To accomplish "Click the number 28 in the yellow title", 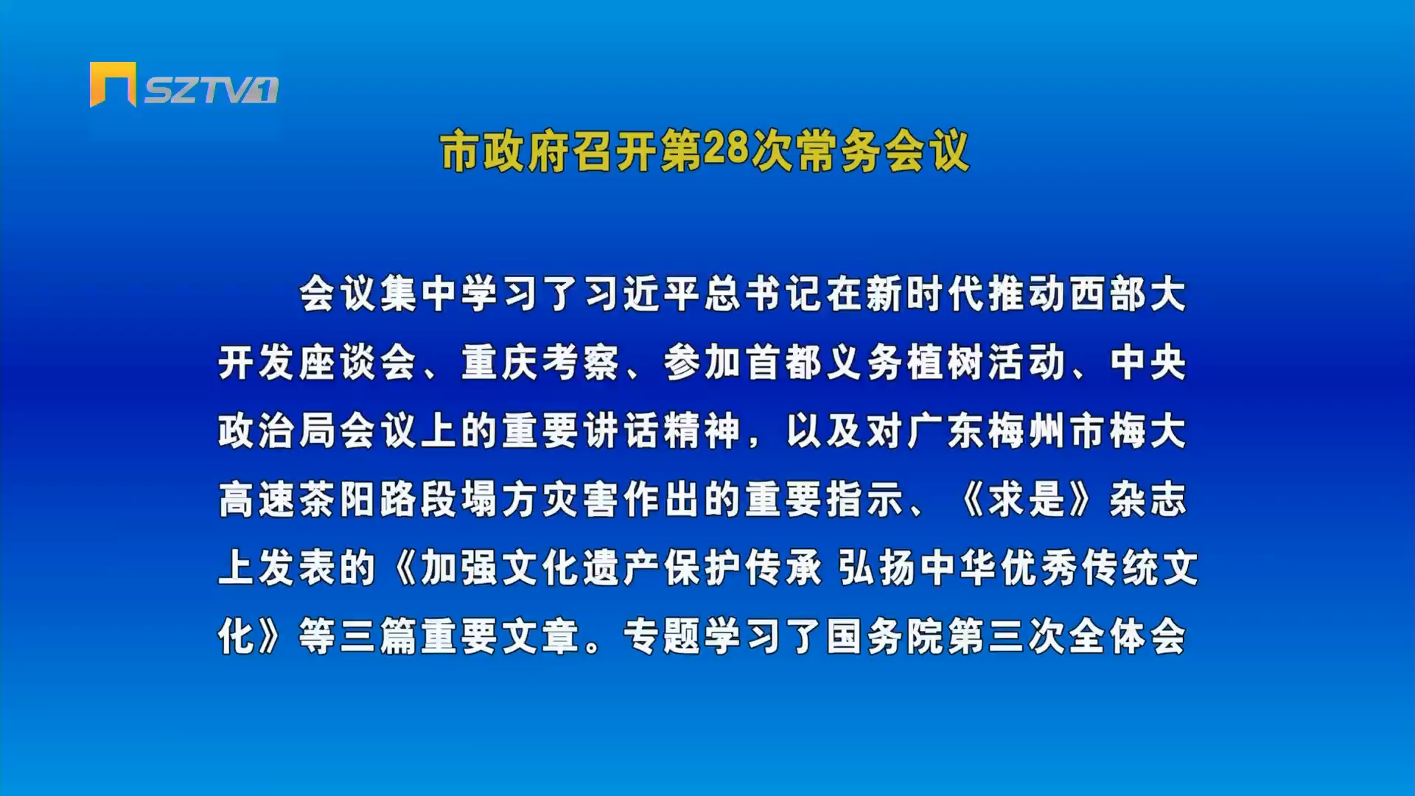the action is (x=726, y=149).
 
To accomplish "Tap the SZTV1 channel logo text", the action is (x=211, y=90).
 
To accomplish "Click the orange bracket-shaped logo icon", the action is (x=113, y=84).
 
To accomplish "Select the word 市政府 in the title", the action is (x=505, y=152).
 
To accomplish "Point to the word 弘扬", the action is (x=878, y=568).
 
